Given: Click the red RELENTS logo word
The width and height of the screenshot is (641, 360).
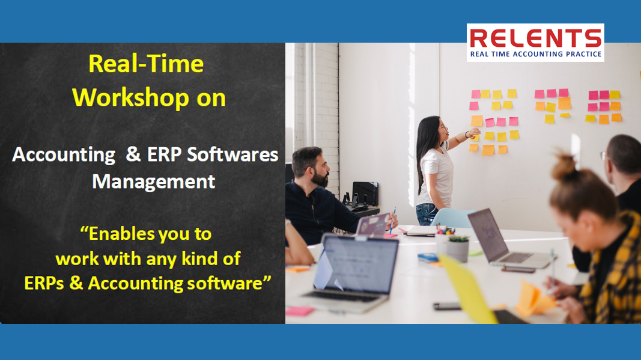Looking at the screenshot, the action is point(535,38).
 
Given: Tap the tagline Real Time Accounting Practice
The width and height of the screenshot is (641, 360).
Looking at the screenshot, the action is point(535,54).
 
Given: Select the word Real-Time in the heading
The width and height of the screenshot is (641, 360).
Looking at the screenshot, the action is point(146,64).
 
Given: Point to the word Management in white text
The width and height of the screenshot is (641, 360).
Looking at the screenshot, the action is point(154,182).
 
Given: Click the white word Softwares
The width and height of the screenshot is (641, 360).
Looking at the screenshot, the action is point(232,154).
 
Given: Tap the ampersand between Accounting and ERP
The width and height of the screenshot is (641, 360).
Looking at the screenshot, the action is point(133,154).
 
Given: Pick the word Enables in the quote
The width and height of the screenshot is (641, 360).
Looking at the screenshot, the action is point(122,234).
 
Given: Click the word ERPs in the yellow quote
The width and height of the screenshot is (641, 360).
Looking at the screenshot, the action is point(44,283).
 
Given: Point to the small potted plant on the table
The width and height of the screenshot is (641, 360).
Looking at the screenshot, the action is point(457,248).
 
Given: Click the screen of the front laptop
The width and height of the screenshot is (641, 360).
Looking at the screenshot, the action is point(356,264).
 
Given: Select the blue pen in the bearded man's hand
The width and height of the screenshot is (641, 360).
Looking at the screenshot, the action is point(393,220).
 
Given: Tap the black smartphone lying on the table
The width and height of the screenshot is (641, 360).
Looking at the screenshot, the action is point(447,306).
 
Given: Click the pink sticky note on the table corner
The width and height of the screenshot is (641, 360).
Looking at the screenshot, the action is point(300,311).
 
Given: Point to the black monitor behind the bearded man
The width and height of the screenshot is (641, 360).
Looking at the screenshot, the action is point(365,193).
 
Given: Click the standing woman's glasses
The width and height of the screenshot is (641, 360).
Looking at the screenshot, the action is point(442,127).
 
